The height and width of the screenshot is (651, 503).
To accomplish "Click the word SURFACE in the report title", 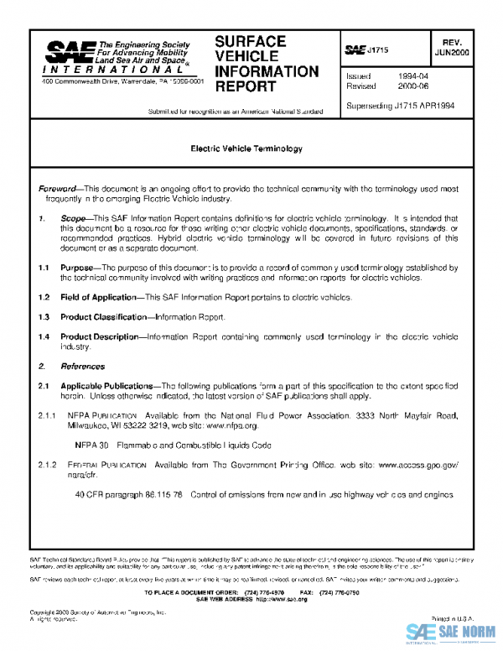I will click(x=250, y=41).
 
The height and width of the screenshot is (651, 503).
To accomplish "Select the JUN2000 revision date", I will click(x=454, y=52).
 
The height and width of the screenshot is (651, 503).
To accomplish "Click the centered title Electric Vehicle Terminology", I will click(x=246, y=148).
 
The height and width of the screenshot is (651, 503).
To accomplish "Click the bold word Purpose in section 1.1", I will click(x=78, y=268).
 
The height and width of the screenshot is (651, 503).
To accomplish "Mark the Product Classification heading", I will click(x=105, y=317).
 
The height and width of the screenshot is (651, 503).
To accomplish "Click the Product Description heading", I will click(x=99, y=336).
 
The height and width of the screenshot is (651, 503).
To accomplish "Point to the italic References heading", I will click(x=82, y=367).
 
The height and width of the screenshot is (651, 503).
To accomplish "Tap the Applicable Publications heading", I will click(x=108, y=386).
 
